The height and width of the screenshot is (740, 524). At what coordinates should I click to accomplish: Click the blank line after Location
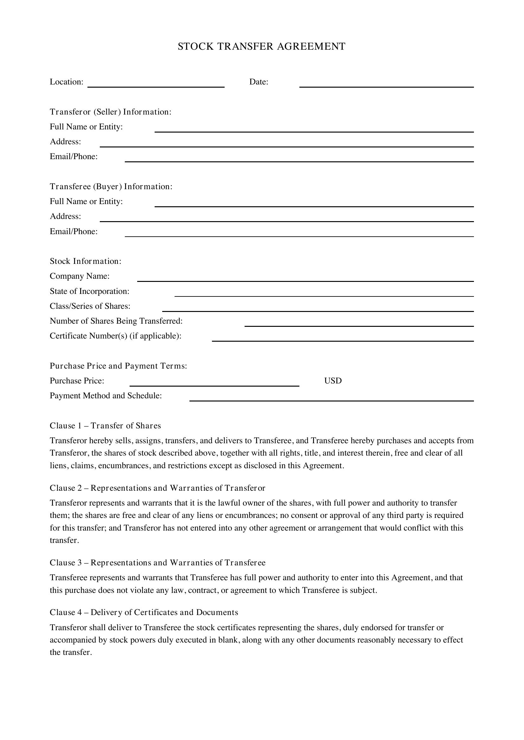[156, 84]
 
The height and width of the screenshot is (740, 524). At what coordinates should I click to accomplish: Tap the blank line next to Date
[386, 84]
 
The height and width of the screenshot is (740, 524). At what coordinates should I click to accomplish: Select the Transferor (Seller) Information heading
[110, 112]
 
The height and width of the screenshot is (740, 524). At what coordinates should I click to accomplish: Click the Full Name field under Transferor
[314, 129]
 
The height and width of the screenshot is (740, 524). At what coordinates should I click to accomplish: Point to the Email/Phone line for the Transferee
[299, 234]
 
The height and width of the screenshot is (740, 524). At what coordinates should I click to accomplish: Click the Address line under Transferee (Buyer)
[286, 219]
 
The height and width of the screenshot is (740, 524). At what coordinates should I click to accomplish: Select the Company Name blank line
[305, 279]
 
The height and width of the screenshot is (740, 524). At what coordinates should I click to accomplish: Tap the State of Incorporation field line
[324, 294]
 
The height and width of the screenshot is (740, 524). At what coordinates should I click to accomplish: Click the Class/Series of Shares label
[90, 306]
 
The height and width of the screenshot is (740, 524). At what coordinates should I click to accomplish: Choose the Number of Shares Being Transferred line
[359, 324]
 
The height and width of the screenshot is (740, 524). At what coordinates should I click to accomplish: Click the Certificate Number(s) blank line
[343, 339]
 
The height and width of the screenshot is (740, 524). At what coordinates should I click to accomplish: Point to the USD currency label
[333, 381]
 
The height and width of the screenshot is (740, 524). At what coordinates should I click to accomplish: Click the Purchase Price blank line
[214, 383]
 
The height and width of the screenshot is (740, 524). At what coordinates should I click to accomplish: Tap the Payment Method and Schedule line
[331, 398]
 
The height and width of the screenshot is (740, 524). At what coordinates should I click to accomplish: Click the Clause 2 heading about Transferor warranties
[157, 488]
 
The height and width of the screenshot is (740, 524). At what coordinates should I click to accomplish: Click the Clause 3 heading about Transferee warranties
[157, 563]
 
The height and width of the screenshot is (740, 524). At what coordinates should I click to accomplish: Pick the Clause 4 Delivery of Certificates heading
[144, 613]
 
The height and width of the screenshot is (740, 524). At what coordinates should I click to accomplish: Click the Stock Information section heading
[86, 261]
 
